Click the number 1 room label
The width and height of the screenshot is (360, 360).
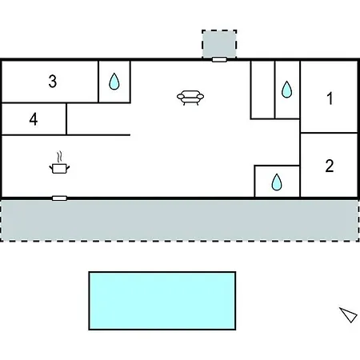pyautogui.click(x=330, y=98)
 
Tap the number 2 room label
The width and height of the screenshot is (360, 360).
pyautogui.click(x=330, y=166)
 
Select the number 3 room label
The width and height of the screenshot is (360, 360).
pyautogui.click(x=53, y=82)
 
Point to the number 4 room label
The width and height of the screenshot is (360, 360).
pyautogui.click(x=34, y=119)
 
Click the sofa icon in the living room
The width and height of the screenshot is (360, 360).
pyautogui.click(x=190, y=98)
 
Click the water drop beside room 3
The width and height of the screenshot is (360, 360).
pyautogui.click(x=114, y=82)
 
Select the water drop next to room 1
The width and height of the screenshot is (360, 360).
pyautogui.click(x=286, y=90)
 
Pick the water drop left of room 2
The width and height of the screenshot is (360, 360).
pyautogui.click(x=277, y=182)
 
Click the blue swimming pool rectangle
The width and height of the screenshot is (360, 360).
pyautogui.click(x=162, y=301)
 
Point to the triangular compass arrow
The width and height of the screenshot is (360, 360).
pyautogui.click(x=349, y=314)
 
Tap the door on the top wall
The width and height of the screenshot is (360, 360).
pyautogui.click(x=219, y=59)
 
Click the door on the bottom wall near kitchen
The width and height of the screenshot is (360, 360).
pyautogui.click(x=59, y=198)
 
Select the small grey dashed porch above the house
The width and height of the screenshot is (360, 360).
pyautogui.click(x=219, y=44)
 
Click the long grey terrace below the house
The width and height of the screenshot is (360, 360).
pyautogui.click(x=180, y=221)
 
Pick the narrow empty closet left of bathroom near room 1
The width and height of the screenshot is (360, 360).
pyautogui.click(x=262, y=90)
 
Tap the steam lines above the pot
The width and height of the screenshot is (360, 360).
pyautogui.click(x=60, y=157)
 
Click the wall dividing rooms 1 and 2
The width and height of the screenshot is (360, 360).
pyautogui.click(x=329, y=133)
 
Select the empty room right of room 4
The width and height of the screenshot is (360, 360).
pyautogui.click(x=98, y=119)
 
